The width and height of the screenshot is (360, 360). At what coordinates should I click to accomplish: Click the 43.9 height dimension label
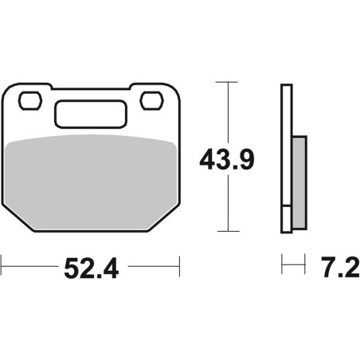coord(227,159)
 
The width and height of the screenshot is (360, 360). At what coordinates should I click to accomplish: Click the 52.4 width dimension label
coord(92,268)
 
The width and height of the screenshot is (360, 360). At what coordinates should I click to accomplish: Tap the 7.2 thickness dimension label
coord(341,267)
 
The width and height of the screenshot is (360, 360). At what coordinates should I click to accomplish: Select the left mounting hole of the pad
coord(30,100)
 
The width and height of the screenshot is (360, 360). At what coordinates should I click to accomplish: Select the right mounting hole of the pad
coord(151,100)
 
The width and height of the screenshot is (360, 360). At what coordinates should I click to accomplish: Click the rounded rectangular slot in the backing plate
coord(91,114)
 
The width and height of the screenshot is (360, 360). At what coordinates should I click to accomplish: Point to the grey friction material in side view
coord(299,182)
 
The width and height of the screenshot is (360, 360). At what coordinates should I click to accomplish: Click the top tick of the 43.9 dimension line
coord(226,82)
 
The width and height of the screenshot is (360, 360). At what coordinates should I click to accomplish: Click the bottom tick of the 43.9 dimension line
coord(229,231)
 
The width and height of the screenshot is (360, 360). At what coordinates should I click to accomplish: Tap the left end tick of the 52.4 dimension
coord(2,266)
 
